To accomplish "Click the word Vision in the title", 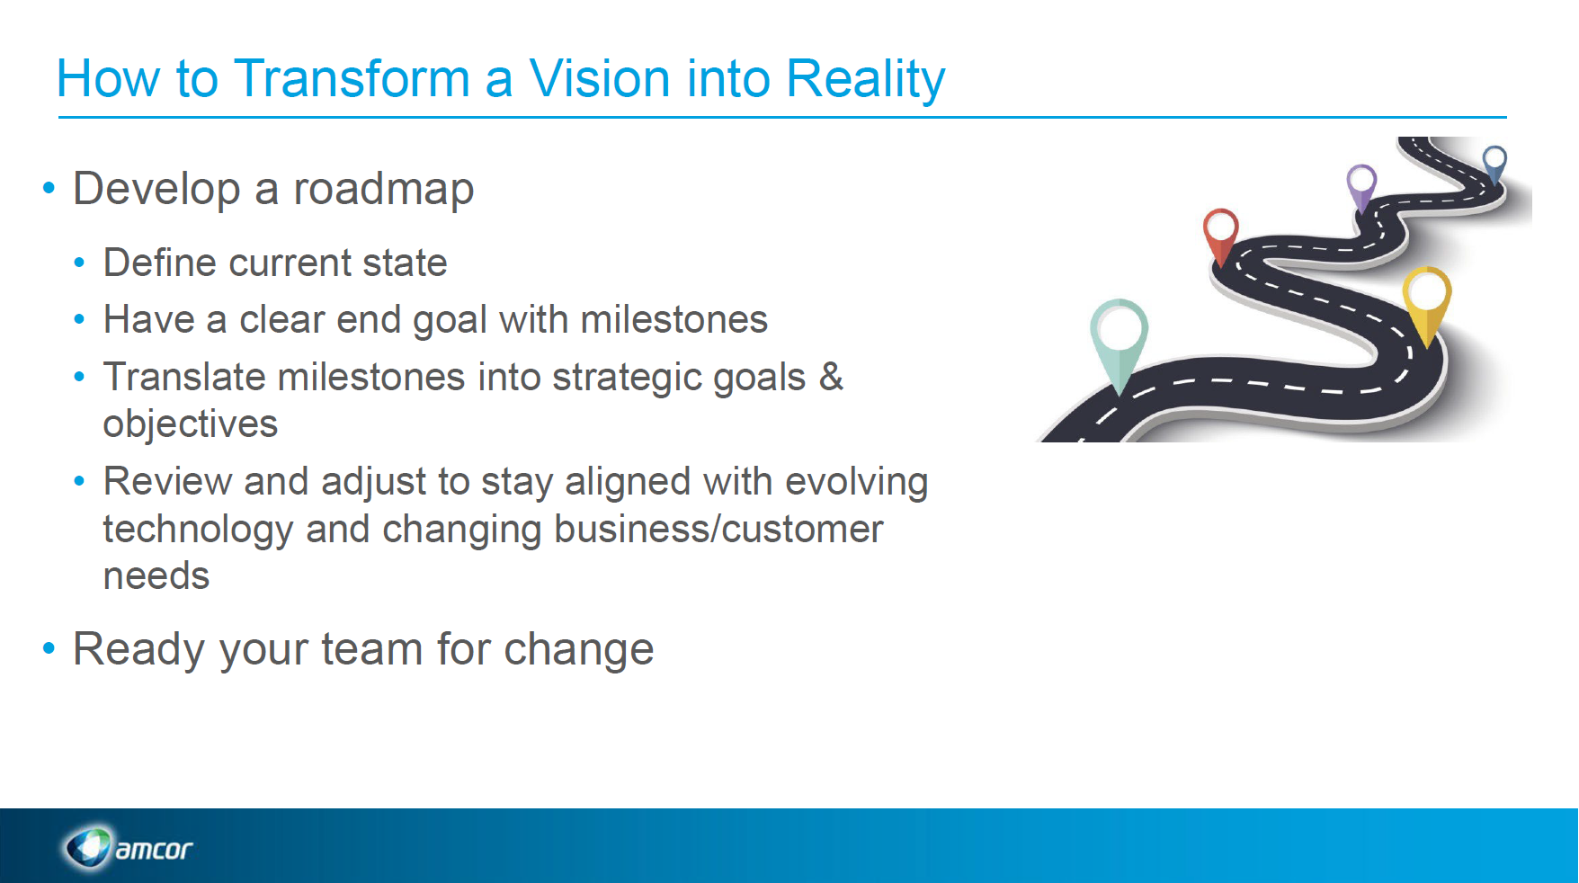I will pyautogui.click(x=599, y=79).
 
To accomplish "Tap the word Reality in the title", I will pyautogui.click(x=865, y=79).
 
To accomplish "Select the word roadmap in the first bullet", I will pyautogui.click(x=383, y=190).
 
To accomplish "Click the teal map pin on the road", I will pyautogui.click(x=1119, y=337).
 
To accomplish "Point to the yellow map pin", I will pyautogui.click(x=1426, y=297).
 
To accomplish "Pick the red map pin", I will pyautogui.click(x=1221, y=231).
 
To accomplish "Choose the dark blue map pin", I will pyautogui.click(x=1494, y=162).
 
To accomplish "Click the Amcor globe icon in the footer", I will pyautogui.click(x=88, y=847).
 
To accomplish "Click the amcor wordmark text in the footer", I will pyautogui.click(x=154, y=849).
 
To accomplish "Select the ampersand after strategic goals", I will pyautogui.click(x=831, y=377).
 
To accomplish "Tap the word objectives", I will pyautogui.click(x=191, y=424).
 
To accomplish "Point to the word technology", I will pyautogui.click(x=198, y=529).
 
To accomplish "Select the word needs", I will pyautogui.click(x=156, y=576).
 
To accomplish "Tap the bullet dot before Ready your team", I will pyautogui.click(x=49, y=648).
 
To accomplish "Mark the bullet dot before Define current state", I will pyautogui.click(x=80, y=263).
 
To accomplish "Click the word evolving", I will pyautogui.click(x=856, y=482).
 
